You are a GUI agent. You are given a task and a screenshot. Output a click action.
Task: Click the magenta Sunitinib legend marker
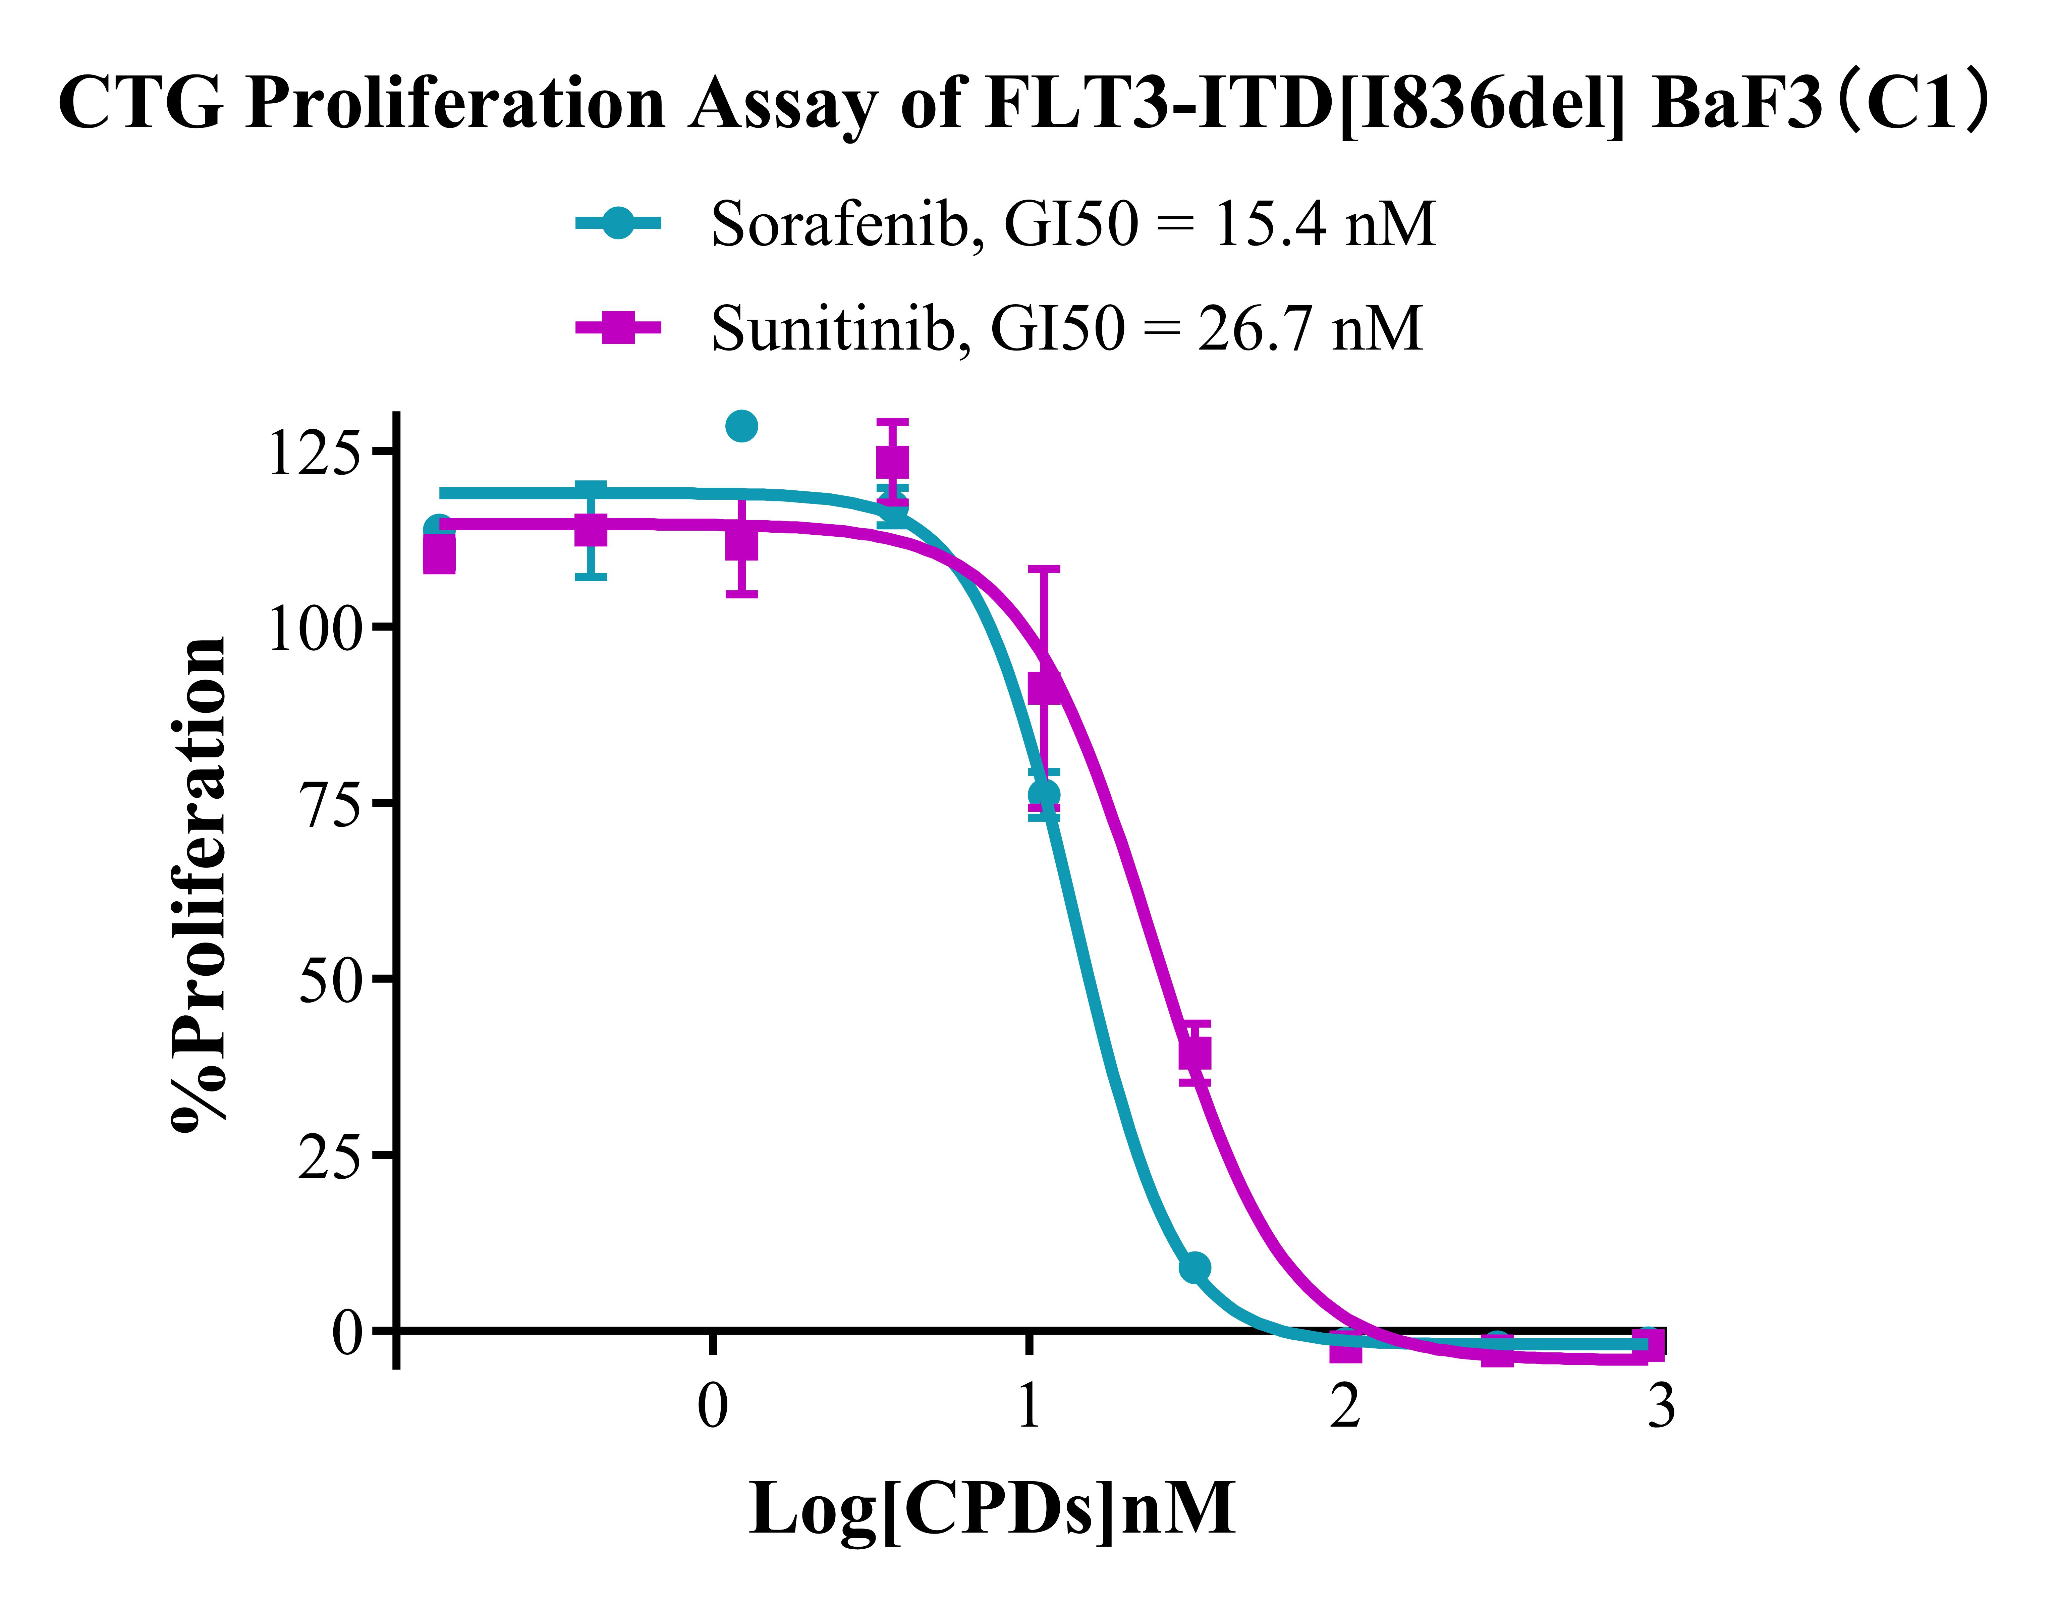point(618,328)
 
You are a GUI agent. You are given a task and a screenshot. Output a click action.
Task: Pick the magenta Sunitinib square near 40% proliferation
point(1194,1053)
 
